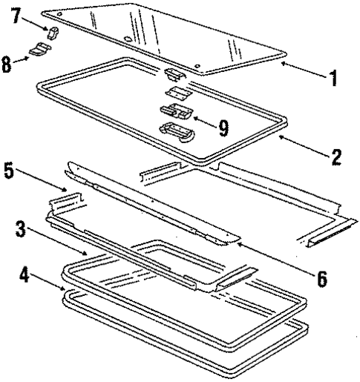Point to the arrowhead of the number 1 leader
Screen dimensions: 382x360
coord(283,65)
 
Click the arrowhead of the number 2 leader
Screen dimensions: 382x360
coord(277,136)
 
